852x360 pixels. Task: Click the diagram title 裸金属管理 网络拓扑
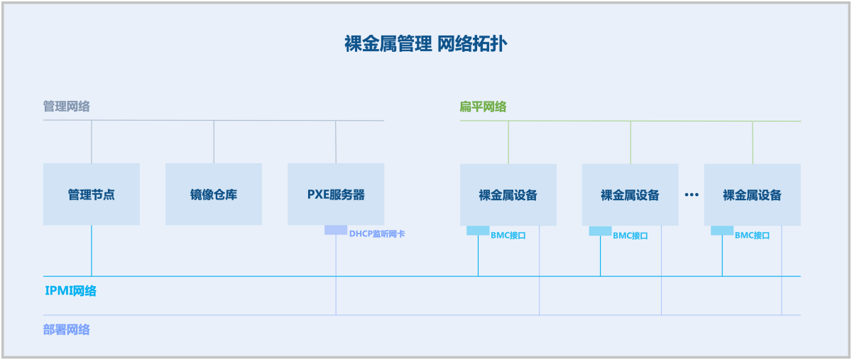click(425, 44)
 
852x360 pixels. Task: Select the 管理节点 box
click(92, 194)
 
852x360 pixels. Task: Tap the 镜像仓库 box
click(214, 194)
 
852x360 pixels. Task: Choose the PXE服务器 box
click(336, 194)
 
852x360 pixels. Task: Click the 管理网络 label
click(67, 107)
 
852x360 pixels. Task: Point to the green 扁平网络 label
click(483, 107)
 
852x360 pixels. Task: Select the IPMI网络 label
click(71, 290)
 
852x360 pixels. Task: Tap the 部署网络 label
click(67, 329)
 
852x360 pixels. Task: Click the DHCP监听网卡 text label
click(377, 234)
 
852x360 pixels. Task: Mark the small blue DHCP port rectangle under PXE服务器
click(336, 230)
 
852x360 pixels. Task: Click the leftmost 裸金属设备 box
click(508, 195)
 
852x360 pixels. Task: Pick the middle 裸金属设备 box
click(630, 195)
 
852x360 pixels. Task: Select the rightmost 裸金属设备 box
click(753, 195)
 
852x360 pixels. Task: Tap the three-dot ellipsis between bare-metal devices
click(692, 194)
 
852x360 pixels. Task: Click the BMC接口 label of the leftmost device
click(508, 235)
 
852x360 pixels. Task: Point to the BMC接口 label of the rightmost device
click(753, 235)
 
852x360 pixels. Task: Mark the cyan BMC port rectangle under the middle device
click(600, 231)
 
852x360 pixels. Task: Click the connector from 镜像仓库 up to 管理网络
click(214, 142)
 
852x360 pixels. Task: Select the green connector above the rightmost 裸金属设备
click(753, 142)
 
